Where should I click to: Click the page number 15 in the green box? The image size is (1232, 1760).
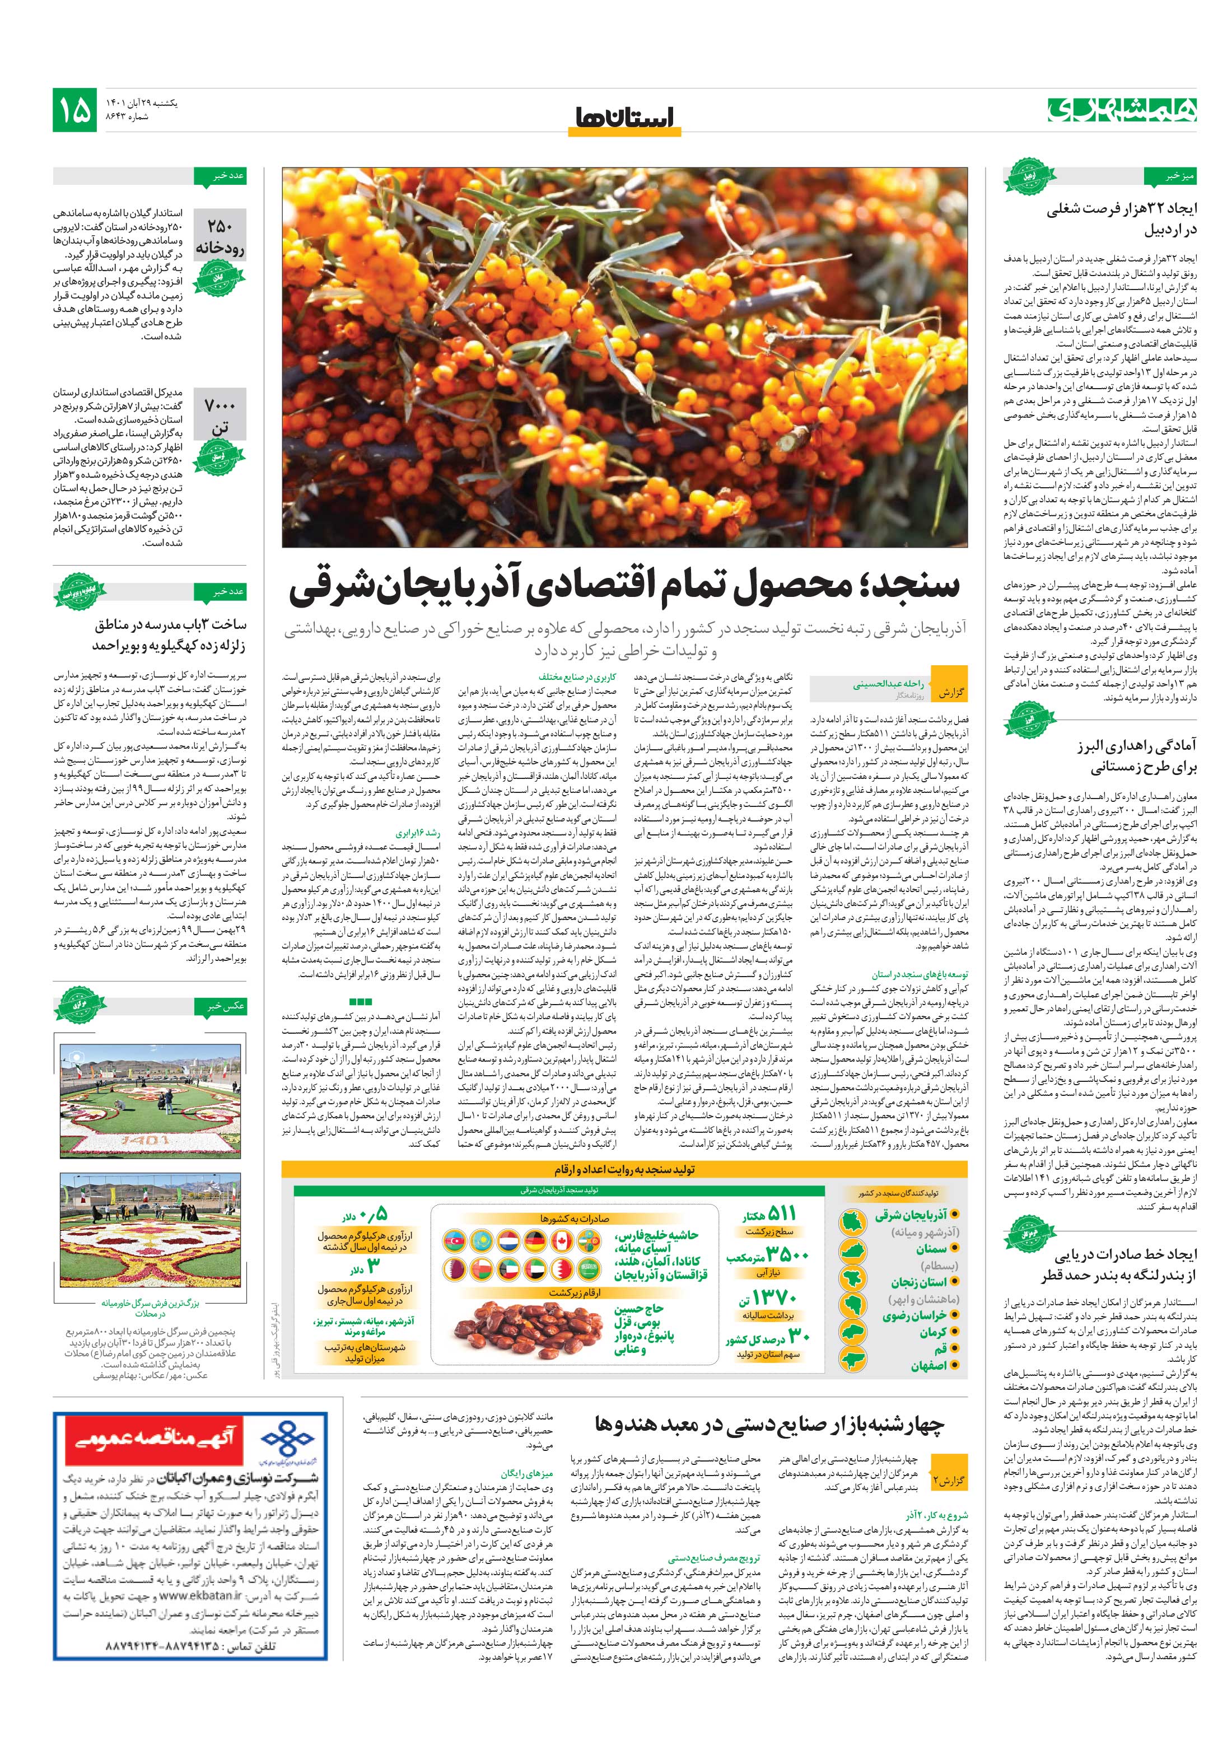(x=75, y=110)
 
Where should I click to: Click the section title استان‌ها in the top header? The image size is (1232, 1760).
(x=623, y=116)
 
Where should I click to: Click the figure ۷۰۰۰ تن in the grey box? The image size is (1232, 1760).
(x=220, y=415)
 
